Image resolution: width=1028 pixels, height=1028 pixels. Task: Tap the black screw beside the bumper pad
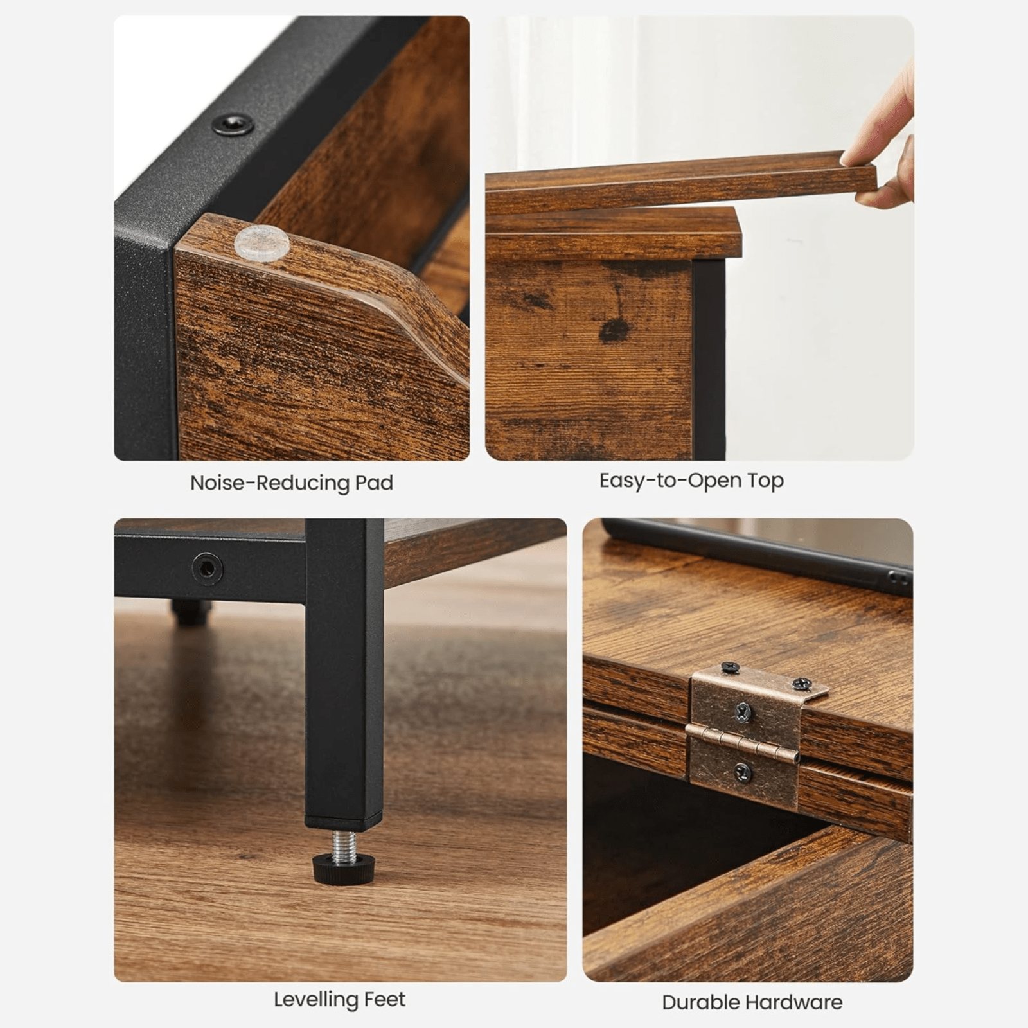coord(233,123)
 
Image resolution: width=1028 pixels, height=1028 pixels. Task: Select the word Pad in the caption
coord(374,483)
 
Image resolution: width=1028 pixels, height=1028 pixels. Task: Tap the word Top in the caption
coord(765,481)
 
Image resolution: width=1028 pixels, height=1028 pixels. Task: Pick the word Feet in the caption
coord(385,1000)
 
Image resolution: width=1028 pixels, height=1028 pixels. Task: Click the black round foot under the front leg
coord(344,869)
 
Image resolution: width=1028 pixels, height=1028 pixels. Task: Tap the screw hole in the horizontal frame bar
coord(208,569)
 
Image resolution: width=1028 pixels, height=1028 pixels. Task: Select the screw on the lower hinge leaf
coord(743,772)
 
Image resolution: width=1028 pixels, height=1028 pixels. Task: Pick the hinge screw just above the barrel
coord(743,712)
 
